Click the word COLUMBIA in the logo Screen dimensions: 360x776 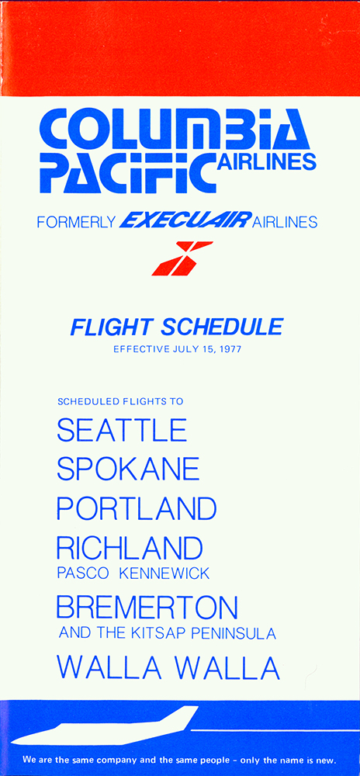tap(175, 130)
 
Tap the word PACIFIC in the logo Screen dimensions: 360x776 tap(128, 172)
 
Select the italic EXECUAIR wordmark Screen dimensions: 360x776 tap(185, 220)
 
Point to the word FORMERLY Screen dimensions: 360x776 tap(76, 222)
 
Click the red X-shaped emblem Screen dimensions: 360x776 tap(182, 258)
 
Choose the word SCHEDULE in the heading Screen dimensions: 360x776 tap(223, 327)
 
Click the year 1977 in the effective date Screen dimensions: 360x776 tap(230, 349)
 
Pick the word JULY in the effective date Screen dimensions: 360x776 tap(184, 349)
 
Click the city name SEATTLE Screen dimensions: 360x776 tap(122, 430)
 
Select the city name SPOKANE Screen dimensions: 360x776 tap(128, 469)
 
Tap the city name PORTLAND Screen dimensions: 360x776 tap(137, 508)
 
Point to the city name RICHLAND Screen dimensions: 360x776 tap(130, 548)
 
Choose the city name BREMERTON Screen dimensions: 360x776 tap(147, 608)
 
